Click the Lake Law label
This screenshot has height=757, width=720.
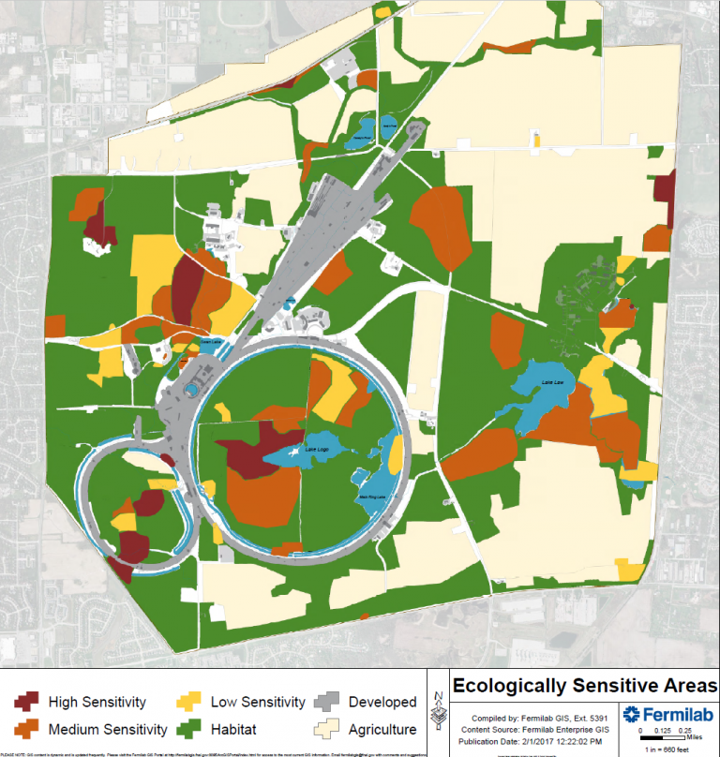pos(551,382)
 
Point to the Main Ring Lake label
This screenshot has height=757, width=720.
pos(372,497)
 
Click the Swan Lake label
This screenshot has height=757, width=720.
pos(209,342)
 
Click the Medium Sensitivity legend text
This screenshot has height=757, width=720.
pos(109,729)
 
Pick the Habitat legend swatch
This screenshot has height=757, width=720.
pos(188,729)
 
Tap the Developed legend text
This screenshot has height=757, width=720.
pos(382,702)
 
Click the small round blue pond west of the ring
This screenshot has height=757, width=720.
pos(191,388)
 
